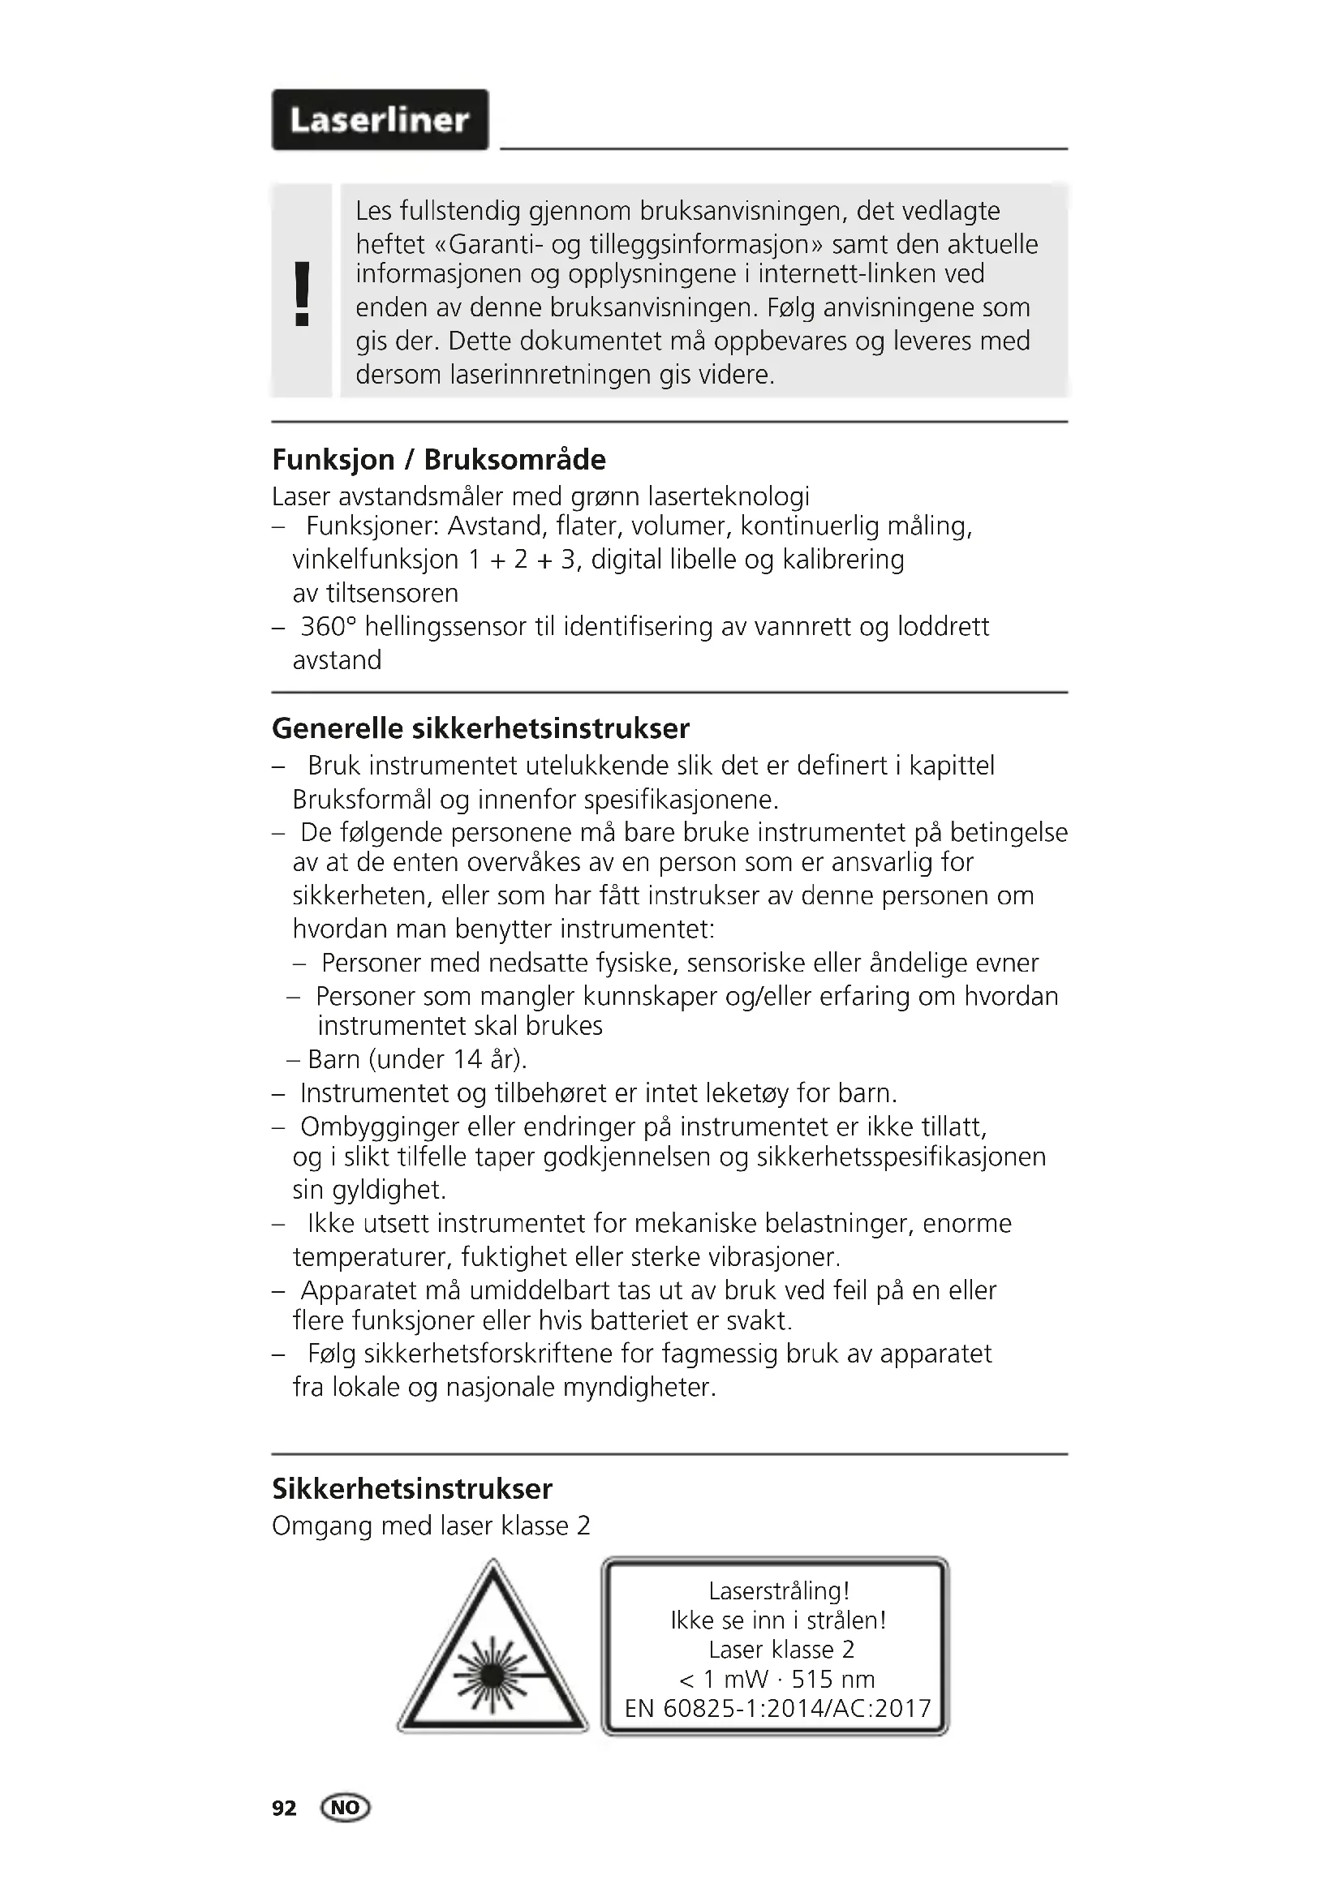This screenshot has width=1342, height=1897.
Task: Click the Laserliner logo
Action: click(x=380, y=121)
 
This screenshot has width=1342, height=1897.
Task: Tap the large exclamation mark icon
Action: click(x=303, y=294)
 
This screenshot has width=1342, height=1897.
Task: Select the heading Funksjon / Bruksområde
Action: click(x=439, y=459)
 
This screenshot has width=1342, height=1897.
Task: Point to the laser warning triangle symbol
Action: click(x=492, y=1657)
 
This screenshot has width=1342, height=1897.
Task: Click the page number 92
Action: click(x=283, y=1809)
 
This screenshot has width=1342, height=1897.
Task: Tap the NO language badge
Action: click(x=346, y=1808)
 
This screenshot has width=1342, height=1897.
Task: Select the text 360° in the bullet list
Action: click(x=328, y=627)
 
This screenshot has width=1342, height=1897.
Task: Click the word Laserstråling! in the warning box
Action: click(x=778, y=1590)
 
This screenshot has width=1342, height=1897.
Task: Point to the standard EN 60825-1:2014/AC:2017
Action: click(x=777, y=1708)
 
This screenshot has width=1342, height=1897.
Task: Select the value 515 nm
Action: click(x=833, y=1679)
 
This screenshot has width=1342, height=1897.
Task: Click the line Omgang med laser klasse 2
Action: click(x=432, y=1526)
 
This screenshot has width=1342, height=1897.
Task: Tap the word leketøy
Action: click(x=747, y=1093)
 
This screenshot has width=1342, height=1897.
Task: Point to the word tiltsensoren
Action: click(x=375, y=593)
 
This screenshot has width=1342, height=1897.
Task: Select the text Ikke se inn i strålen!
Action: click(x=778, y=1620)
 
